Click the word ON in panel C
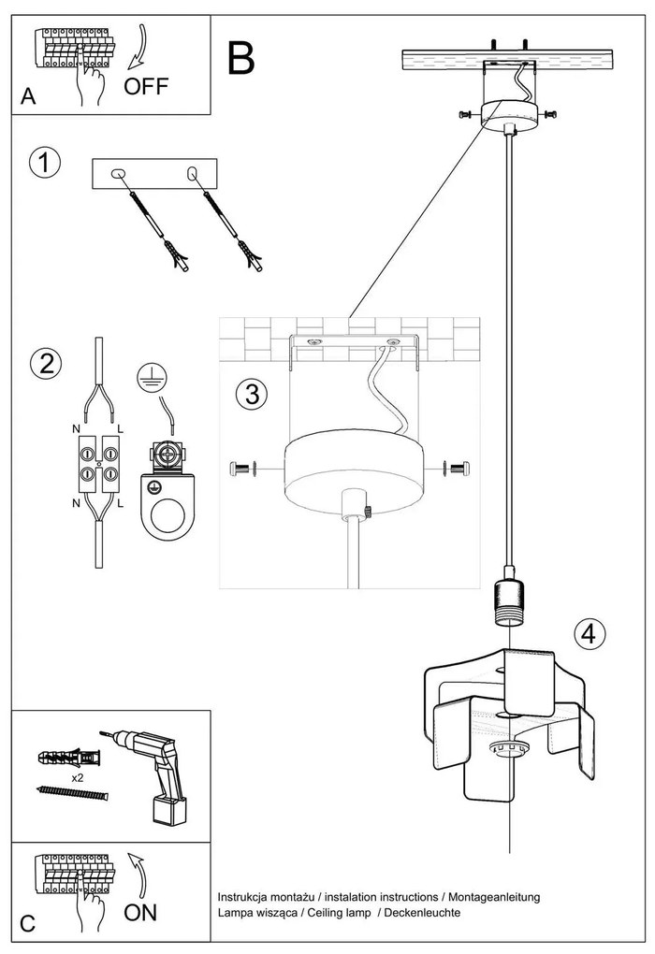[x=140, y=912]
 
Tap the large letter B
[x=240, y=58]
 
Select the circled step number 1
[x=44, y=163]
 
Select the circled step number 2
[x=44, y=364]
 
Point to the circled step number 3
[x=249, y=394]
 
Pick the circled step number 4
[x=588, y=633]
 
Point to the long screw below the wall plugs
[x=72, y=793]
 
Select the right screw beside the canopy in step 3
[x=457, y=467]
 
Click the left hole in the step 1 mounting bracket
[x=118, y=173]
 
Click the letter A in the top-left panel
[x=28, y=96]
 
